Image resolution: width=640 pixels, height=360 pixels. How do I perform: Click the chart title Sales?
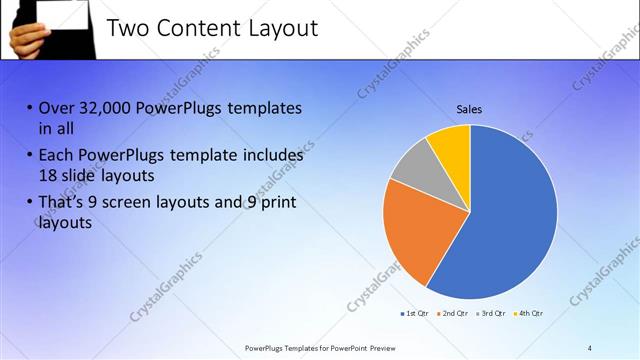(469, 109)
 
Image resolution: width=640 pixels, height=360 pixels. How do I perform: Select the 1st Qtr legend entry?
(416, 314)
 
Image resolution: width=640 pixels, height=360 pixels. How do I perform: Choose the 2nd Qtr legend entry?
(456, 314)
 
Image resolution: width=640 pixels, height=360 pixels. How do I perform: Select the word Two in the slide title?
(128, 28)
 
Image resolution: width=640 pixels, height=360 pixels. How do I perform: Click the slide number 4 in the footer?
(589, 347)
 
